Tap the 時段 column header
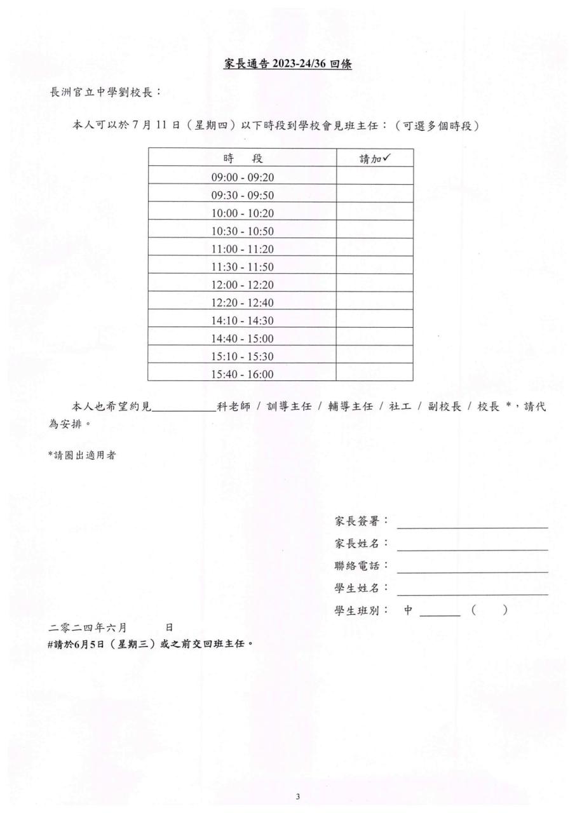click(x=242, y=158)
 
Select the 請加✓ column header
click(x=374, y=158)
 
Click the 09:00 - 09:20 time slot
click(x=242, y=177)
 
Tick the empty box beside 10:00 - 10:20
click(x=374, y=213)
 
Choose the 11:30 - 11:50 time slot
click(x=242, y=266)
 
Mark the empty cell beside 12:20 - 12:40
click(x=374, y=302)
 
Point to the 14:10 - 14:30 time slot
click(x=242, y=321)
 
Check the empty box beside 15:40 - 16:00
click(x=374, y=374)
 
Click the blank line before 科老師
click(x=184, y=408)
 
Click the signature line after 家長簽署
click(x=472, y=523)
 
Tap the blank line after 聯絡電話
click(x=472, y=568)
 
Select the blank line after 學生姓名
click(x=472, y=590)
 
